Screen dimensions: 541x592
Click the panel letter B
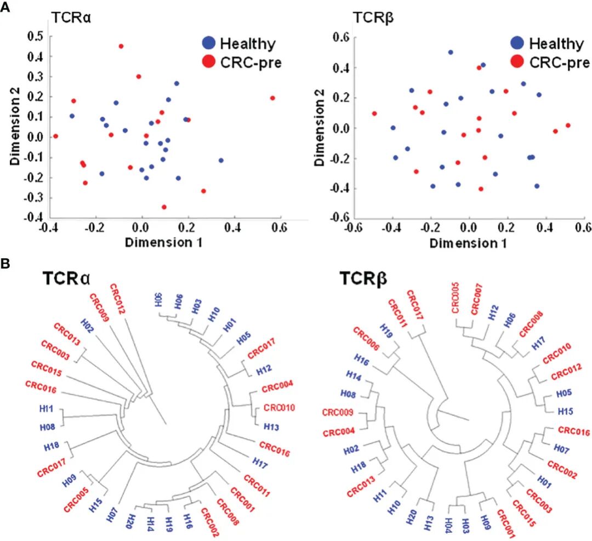(5, 264)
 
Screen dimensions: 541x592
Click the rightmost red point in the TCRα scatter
(272, 98)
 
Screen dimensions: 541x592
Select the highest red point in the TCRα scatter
(121, 46)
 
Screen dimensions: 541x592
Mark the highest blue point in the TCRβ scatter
(451, 52)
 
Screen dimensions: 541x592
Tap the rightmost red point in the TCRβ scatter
(568, 126)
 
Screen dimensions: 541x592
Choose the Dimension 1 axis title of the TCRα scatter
(163, 240)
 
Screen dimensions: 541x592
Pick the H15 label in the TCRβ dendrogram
(566, 411)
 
